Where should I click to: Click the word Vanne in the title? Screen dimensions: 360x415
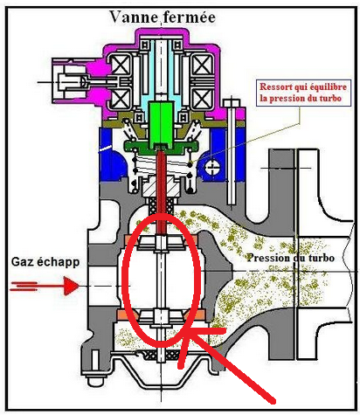click(x=134, y=17)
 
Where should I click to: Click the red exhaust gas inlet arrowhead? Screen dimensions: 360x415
click(x=71, y=286)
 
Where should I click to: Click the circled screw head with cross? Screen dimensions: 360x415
click(x=212, y=167)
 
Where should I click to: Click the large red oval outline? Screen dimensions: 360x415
click(x=123, y=280)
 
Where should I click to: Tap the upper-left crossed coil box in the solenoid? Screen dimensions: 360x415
click(x=121, y=66)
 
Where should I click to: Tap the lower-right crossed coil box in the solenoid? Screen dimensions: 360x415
click(x=203, y=99)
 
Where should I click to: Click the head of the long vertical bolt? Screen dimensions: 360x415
click(x=232, y=102)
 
